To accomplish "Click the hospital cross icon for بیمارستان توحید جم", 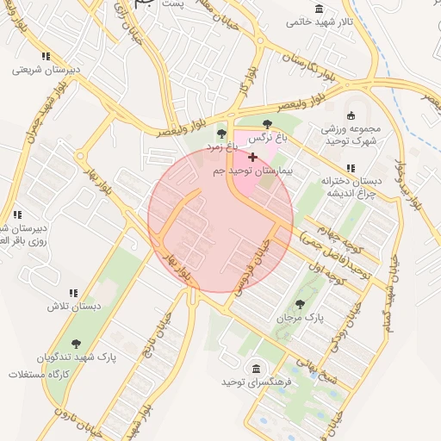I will (252, 157).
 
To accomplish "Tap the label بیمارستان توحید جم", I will (252, 171).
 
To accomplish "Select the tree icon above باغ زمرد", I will (222, 133).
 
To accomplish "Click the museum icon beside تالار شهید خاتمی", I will (320, 9).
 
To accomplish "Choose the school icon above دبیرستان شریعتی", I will (46, 56).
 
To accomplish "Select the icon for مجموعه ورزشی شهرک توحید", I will (351, 116).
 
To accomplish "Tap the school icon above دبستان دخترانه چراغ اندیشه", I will (350, 168).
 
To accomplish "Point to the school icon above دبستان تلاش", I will (74, 293).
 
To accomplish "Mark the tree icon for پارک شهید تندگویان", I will (76, 343).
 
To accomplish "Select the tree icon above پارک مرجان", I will (300, 303).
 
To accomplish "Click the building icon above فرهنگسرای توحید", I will (256, 370).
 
